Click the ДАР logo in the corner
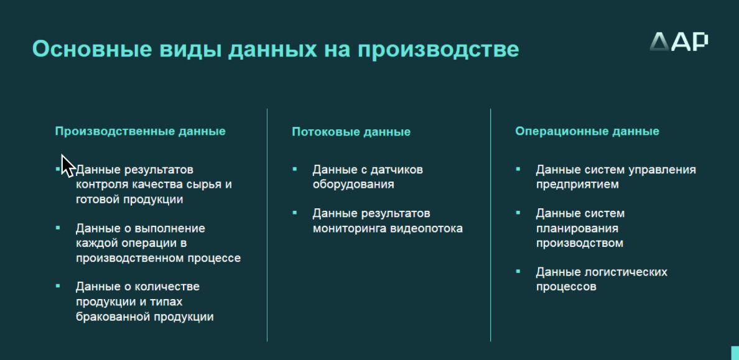tap(679, 42)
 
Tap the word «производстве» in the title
tap(439, 50)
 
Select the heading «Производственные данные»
tap(140, 131)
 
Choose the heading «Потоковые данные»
tap(351, 131)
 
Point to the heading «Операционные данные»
tap(587, 131)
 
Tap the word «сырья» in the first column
tap(205, 184)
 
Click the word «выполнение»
tap(170, 229)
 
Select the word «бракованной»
tap(112, 316)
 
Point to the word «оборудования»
tap(353, 184)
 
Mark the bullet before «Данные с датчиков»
tap(295, 168)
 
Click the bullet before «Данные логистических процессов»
tap(518, 272)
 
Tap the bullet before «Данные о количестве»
tap(58, 285)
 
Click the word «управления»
tap(662, 170)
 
